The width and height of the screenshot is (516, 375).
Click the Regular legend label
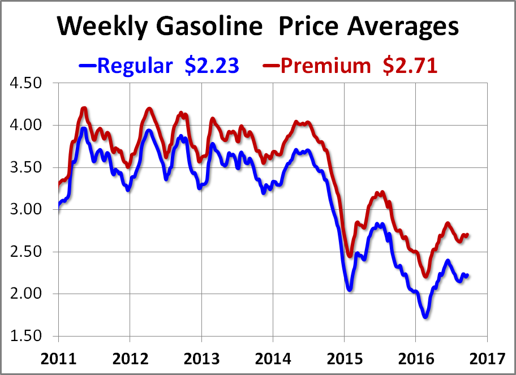134,66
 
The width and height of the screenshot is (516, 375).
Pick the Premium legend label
325,66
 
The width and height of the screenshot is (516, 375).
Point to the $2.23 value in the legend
212,66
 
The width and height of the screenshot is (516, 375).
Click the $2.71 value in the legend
410,66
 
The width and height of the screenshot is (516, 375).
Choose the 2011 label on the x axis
58,358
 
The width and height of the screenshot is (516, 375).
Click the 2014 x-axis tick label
272,358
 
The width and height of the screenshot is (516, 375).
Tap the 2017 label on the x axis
487,358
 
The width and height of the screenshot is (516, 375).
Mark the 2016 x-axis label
415,358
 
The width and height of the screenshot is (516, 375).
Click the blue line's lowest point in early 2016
425,317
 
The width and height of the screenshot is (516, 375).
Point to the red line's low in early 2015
350,256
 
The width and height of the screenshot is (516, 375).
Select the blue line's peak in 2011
84,129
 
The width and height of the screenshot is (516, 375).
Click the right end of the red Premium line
467,234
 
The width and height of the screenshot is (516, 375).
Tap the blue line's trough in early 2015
350,289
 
